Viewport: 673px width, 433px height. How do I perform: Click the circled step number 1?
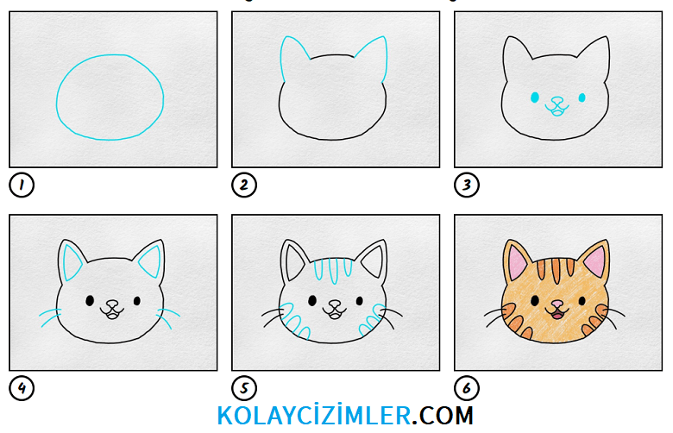pyautogui.click(x=22, y=185)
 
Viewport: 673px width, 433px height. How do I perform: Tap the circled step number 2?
pyautogui.click(x=244, y=185)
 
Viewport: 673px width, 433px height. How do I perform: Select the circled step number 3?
pyautogui.click(x=467, y=185)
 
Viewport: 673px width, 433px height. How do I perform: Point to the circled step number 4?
pyautogui.click(x=22, y=388)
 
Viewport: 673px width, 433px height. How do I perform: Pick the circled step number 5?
pyautogui.click(x=244, y=388)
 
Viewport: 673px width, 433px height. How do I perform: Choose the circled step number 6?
pyautogui.click(x=467, y=388)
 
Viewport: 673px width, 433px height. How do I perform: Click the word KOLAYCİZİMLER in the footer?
pyautogui.click(x=314, y=415)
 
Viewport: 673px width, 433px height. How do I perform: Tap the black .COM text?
pyautogui.click(x=443, y=416)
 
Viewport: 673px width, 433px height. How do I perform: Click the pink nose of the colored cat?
pyautogui.click(x=557, y=304)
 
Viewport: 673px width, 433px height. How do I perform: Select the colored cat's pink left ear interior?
pyautogui.click(x=518, y=261)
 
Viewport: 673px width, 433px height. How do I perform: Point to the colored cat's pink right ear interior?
pyautogui.click(x=596, y=260)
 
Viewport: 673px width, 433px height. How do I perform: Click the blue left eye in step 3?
pyautogui.click(x=535, y=97)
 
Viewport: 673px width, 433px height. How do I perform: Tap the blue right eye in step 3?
pyautogui.click(x=582, y=97)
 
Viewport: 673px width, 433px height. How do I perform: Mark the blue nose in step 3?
pyautogui.click(x=557, y=101)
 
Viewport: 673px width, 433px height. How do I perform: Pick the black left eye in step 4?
pyautogui.click(x=90, y=300)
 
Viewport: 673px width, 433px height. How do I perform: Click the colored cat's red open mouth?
pyautogui.click(x=557, y=317)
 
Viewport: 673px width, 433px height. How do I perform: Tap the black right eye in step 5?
pyautogui.click(x=360, y=301)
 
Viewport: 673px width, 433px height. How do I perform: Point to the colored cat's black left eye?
pyautogui.click(x=535, y=300)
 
